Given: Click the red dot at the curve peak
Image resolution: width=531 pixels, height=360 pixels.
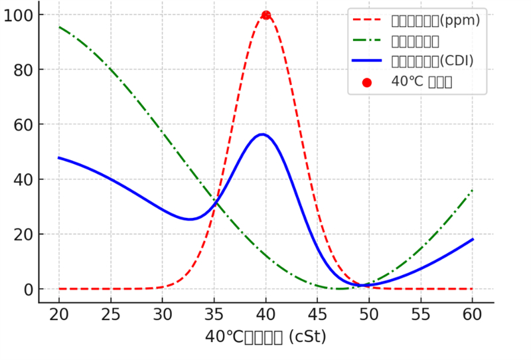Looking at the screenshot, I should coord(265,15).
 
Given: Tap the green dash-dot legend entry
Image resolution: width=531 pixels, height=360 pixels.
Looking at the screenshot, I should coord(415,41).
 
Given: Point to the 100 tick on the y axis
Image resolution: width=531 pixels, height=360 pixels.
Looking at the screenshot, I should coord(17,15).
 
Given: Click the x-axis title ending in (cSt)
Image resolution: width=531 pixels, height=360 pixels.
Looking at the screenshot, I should coord(265,337).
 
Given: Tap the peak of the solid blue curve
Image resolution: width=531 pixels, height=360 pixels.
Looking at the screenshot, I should coord(262,134).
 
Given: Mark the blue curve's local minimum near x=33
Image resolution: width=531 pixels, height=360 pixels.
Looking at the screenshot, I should coord(190,219).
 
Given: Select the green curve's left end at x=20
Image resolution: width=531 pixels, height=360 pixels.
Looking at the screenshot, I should coord(59,27).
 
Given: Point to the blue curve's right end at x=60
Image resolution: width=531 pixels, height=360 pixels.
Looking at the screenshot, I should coord(472,239).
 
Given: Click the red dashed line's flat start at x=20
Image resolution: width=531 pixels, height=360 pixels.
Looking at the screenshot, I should coord(59,289).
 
